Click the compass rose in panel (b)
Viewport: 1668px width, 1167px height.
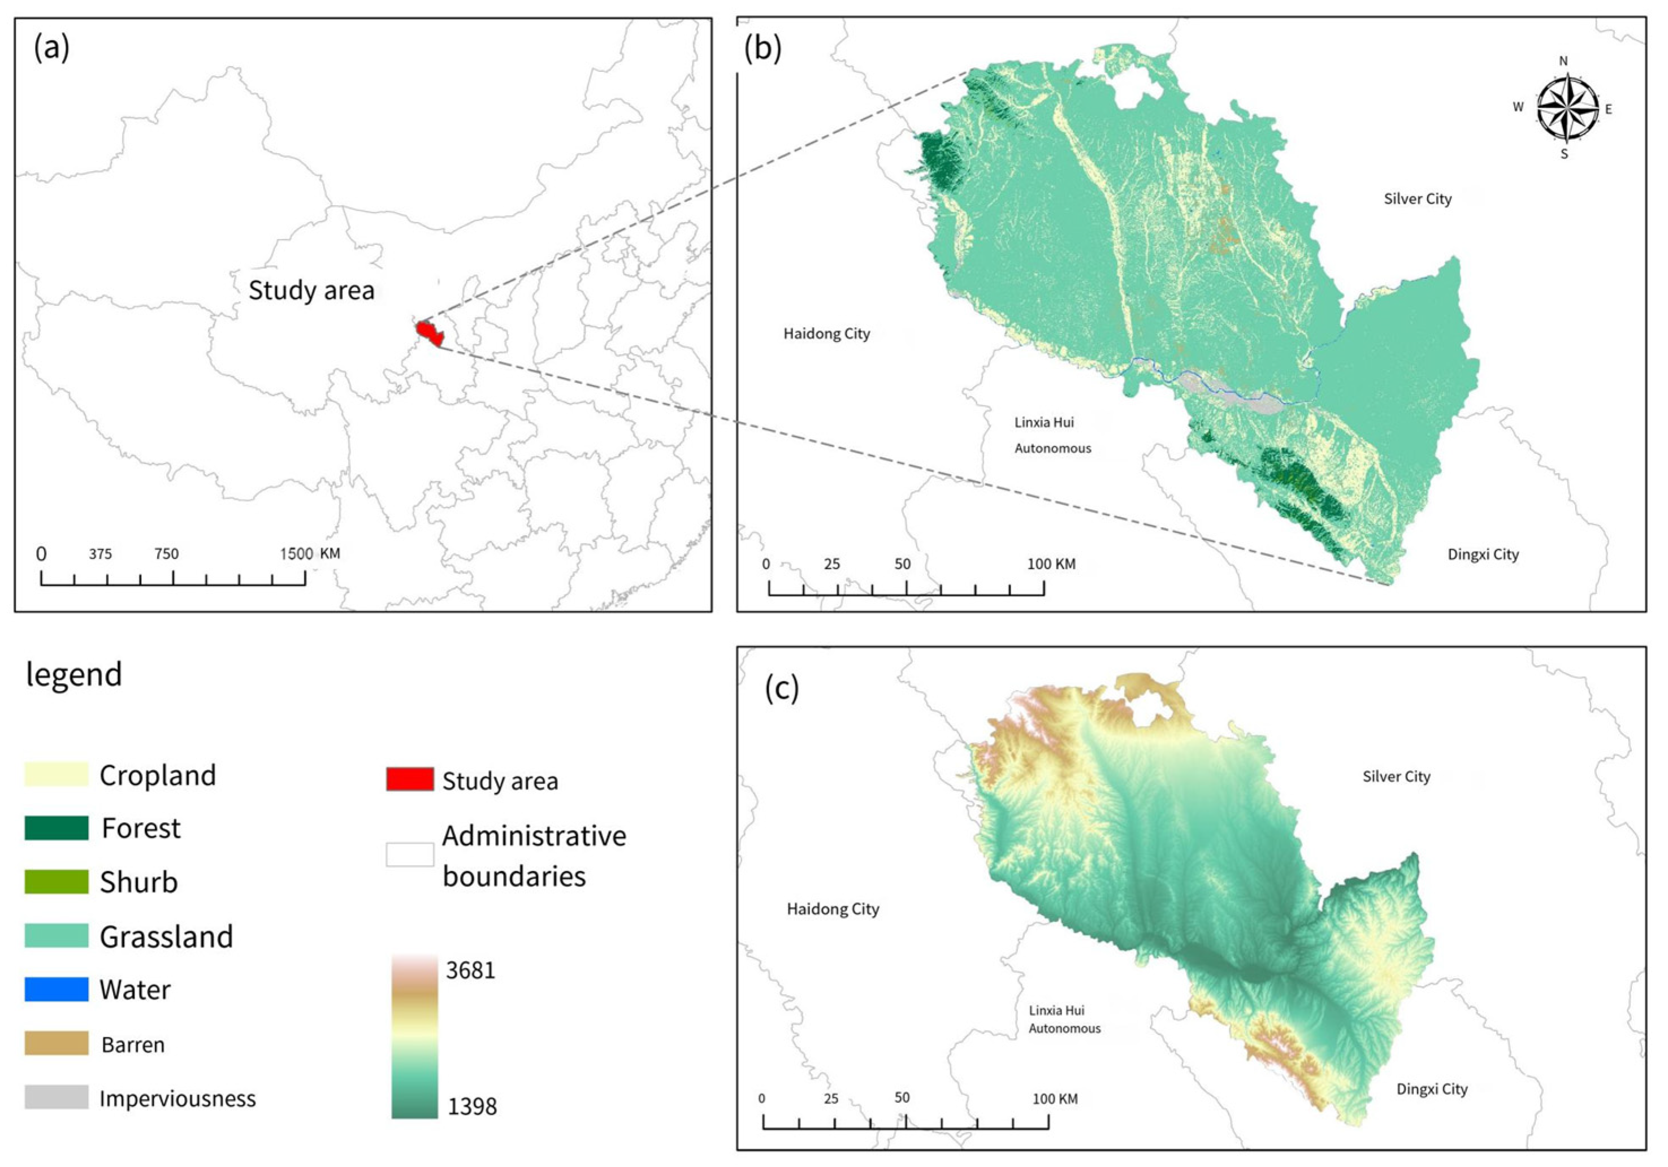coord(1567,108)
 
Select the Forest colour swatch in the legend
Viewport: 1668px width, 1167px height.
coord(57,828)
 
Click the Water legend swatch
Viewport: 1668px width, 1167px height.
coord(57,989)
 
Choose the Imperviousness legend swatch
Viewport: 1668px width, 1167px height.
coord(57,1097)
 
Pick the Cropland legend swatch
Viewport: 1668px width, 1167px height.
coord(57,774)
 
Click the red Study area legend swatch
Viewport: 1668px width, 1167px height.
coord(410,779)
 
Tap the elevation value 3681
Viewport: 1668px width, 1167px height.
coord(471,970)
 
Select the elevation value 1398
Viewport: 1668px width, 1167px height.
coord(472,1106)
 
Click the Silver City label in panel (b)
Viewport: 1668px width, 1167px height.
coord(1418,199)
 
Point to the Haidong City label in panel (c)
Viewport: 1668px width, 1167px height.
coord(833,909)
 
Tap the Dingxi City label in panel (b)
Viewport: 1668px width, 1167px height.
coord(1483,555)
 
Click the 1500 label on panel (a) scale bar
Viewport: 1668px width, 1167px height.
coord(296,554)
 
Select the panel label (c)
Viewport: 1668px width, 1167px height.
coord(782,688)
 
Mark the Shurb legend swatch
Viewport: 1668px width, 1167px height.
coord(57,882)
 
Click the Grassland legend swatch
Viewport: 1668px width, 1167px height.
coord(57,935)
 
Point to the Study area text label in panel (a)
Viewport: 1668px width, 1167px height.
coord(311,290)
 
